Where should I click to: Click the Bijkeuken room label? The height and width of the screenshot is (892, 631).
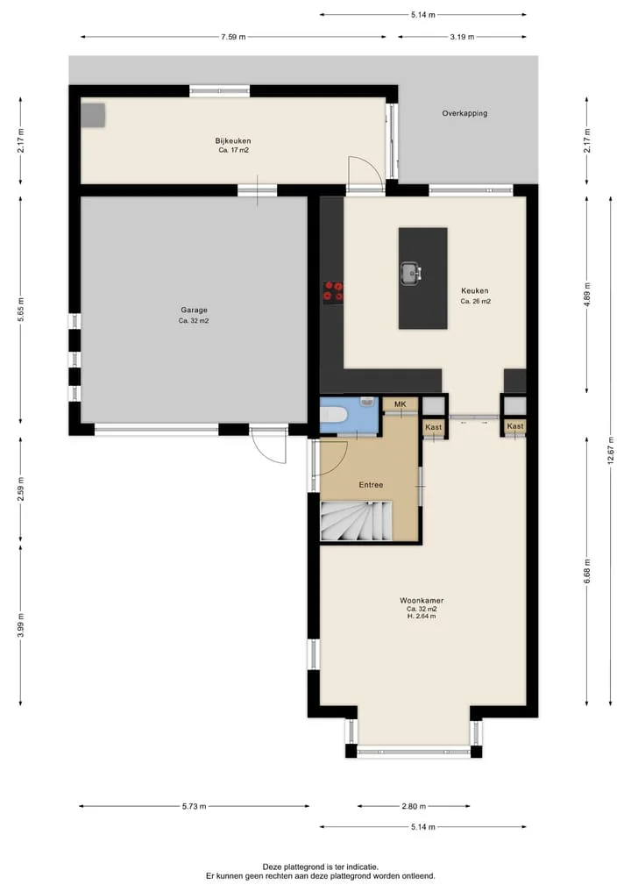pos(233,141)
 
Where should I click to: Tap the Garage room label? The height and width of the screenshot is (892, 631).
pos(194,310)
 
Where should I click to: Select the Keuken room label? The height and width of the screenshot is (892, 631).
pos(475,290)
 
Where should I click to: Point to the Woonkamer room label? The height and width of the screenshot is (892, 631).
pos(422,600)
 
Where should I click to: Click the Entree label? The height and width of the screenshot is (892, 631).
pos(371,485)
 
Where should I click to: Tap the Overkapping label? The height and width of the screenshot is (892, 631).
pos(464,113)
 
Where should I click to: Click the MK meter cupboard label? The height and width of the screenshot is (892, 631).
pos(401,404)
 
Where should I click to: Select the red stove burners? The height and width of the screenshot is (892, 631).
pos(333,290)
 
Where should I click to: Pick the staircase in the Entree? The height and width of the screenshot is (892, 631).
pos(357,520)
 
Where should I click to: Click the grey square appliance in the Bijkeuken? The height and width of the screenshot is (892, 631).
pos(93,116)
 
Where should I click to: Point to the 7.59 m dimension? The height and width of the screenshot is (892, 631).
pos(233,37)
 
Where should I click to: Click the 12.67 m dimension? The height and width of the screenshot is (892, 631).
pos(611,451)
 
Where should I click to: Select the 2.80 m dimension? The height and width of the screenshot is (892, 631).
pos(414,806)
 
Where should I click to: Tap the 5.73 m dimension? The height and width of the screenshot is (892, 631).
pos(194,806)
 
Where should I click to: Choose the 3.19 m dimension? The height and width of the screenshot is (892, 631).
pos(462,37)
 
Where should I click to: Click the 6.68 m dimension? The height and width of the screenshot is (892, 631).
pos(586,571)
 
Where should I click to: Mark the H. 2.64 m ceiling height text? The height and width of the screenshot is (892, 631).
pos(422,616)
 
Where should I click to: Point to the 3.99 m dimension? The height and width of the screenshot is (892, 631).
pos(20,625)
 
